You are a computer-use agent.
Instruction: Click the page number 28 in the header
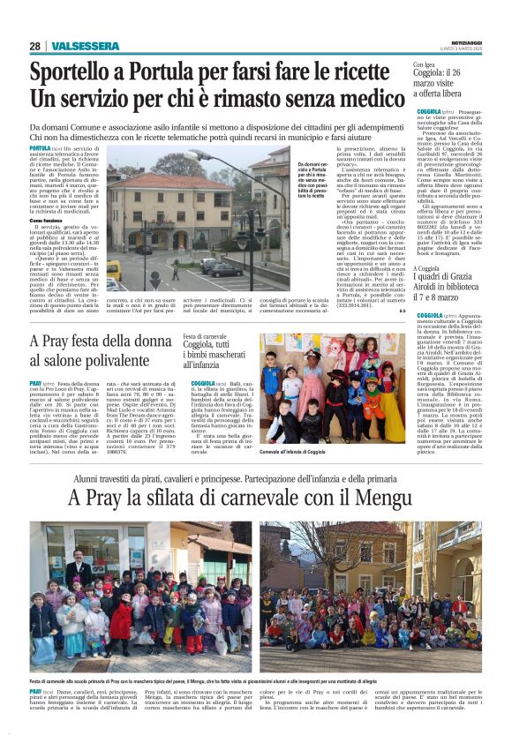coord(34,46)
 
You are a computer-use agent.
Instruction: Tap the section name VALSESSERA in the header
coord(79,46)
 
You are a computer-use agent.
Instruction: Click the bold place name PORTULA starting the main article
coord(41,149)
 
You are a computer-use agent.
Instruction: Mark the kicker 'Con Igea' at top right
coord(425,64)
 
